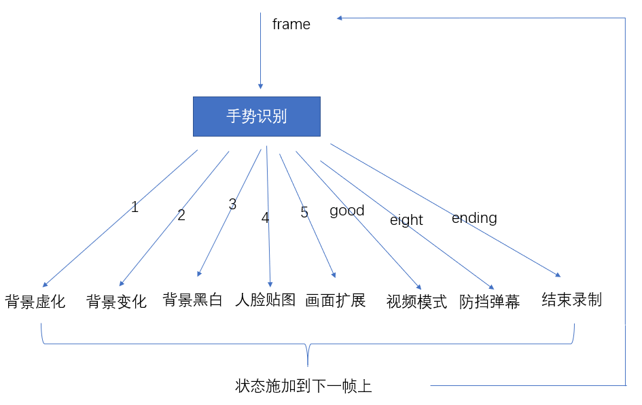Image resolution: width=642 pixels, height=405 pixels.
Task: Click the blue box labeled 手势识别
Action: pyautogui.click(x=256, y=116)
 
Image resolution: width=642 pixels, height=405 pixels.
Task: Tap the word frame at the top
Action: pyautogui.click(x=291, y=24)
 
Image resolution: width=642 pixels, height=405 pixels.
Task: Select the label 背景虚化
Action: pyautogui.click(x=35, y=302)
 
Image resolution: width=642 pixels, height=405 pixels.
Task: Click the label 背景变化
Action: pyautogui.click(x=116, y=302)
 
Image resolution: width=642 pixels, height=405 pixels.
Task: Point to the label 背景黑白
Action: pyautogui.click(x=193, y=300)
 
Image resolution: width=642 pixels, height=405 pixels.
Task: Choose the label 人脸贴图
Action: pyautogui.click(x=266, y=300)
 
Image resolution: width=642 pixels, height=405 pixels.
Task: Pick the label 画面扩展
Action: pyautogui.click(x=336, y=300)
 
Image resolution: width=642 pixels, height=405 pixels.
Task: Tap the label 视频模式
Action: pyautogui.click(x=416, y=302)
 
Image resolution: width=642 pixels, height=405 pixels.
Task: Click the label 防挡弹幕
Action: pyautogui.click(x=489, y=302)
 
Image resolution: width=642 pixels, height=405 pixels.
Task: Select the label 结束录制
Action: pyautogui.click(x=571, y=300)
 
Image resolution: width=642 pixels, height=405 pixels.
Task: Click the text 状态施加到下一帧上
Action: pyautogui.click(x=304, y=387)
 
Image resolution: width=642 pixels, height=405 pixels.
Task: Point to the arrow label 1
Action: pyautogui.click(x=135, y=207)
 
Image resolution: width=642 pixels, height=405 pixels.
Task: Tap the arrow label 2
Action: pyautogui.click(x=181, y=215)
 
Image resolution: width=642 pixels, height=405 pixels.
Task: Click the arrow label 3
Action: pyautogui.click(x=232, y=205)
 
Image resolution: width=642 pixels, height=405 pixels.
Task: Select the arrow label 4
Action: pyautogui.click(x=265, y=218)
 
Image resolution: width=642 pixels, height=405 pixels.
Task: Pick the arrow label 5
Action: pyautogui.click(x=304, y=213)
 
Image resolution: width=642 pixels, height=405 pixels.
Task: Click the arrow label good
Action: pyautogui.click(x=347, y=211)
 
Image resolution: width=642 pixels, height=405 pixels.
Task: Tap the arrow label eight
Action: pyautogui.click(x=406, y=220)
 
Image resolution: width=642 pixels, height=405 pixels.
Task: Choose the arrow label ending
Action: pyautogui.click(x=474, y=218)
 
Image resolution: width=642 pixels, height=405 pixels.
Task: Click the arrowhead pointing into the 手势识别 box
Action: pyautogui.click(x=260, y=86)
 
